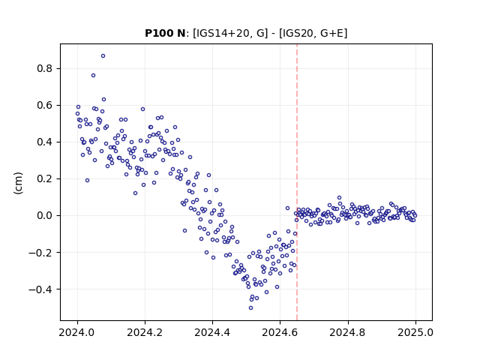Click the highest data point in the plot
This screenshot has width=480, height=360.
(x=103, y=56)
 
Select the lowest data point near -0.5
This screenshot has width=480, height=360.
(x=250, y=308)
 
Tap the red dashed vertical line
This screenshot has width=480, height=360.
(x=297, y=182)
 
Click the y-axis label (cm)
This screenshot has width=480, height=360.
(x=18, y=183)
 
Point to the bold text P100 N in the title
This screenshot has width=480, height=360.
(x=165, y=33)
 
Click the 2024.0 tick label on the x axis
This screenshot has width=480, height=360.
(x=77, y=332)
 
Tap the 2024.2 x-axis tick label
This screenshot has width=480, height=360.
(x=145, y=332)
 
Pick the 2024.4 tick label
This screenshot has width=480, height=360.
(x=212, y=332)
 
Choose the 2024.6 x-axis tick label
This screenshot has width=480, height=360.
(x=280, y=332)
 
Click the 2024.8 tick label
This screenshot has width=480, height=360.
(x=348, y=332)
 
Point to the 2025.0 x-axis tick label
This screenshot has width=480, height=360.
(x=415, y=332)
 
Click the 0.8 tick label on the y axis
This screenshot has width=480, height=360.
(x=45, y=68)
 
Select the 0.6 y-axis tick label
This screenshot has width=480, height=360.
(x=45, y=105)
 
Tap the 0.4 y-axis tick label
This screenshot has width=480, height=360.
(x=45, y=142)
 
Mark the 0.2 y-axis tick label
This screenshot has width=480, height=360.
(x=45, y=178)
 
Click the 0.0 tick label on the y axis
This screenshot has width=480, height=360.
(x=45, y=215)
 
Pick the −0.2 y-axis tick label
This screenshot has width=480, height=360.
(x=40, y=253)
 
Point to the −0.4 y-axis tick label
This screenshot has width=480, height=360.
(x=40, y=289)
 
